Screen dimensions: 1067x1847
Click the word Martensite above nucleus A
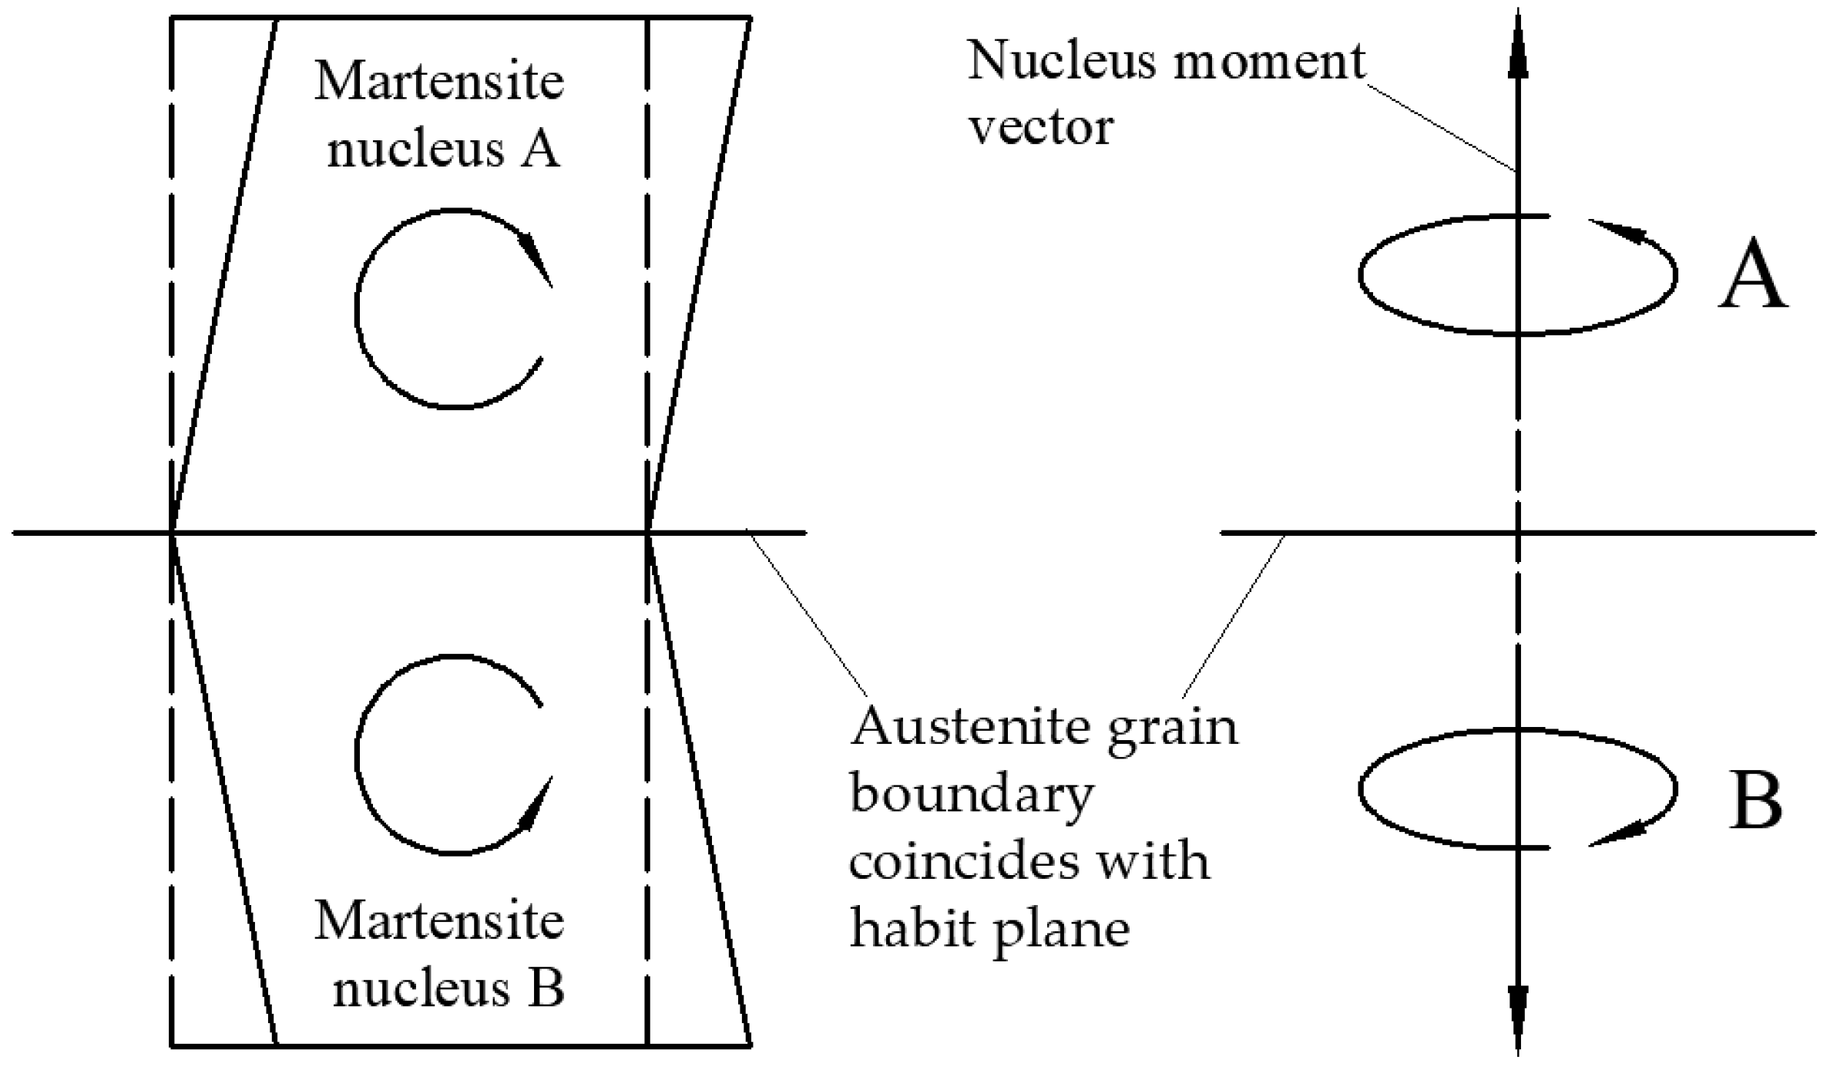(x=439, y=82)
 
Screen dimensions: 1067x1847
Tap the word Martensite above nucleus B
(x=439, y=921)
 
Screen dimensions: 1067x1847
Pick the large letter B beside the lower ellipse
(x=1755, y=801)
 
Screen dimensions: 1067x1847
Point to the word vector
(x=1041, y=127)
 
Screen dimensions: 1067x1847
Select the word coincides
(x=961, y=862)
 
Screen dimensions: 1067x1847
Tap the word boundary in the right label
(x=972, y=795)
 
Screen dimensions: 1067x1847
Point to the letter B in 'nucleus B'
(x=546, y=988)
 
